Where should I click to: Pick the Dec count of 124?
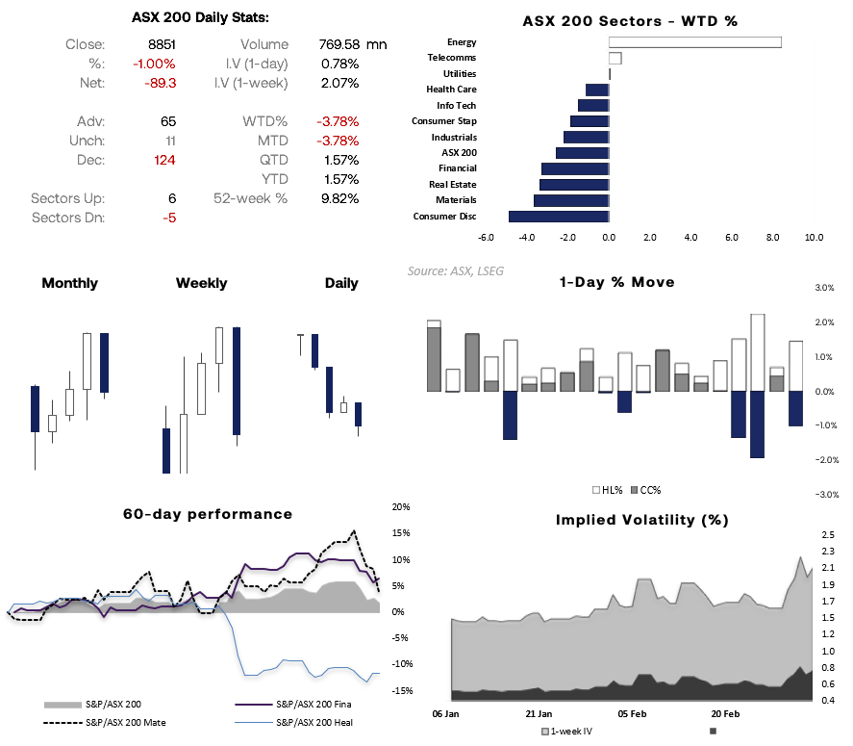click(163, 160)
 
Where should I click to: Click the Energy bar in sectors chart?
click(694, 42)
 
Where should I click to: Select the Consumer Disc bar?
click(558, 217)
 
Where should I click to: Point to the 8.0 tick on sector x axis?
click(772, 237)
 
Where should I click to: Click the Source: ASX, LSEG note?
click(455, 271)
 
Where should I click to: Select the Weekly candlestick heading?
click(201, 283)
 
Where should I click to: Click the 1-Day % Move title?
click(616, 282)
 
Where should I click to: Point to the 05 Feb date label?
click(632, 715)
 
